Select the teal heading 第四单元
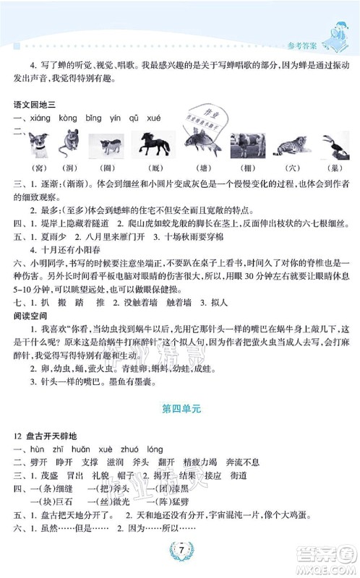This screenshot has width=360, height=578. pyautogui.click(x=180, y=408)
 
